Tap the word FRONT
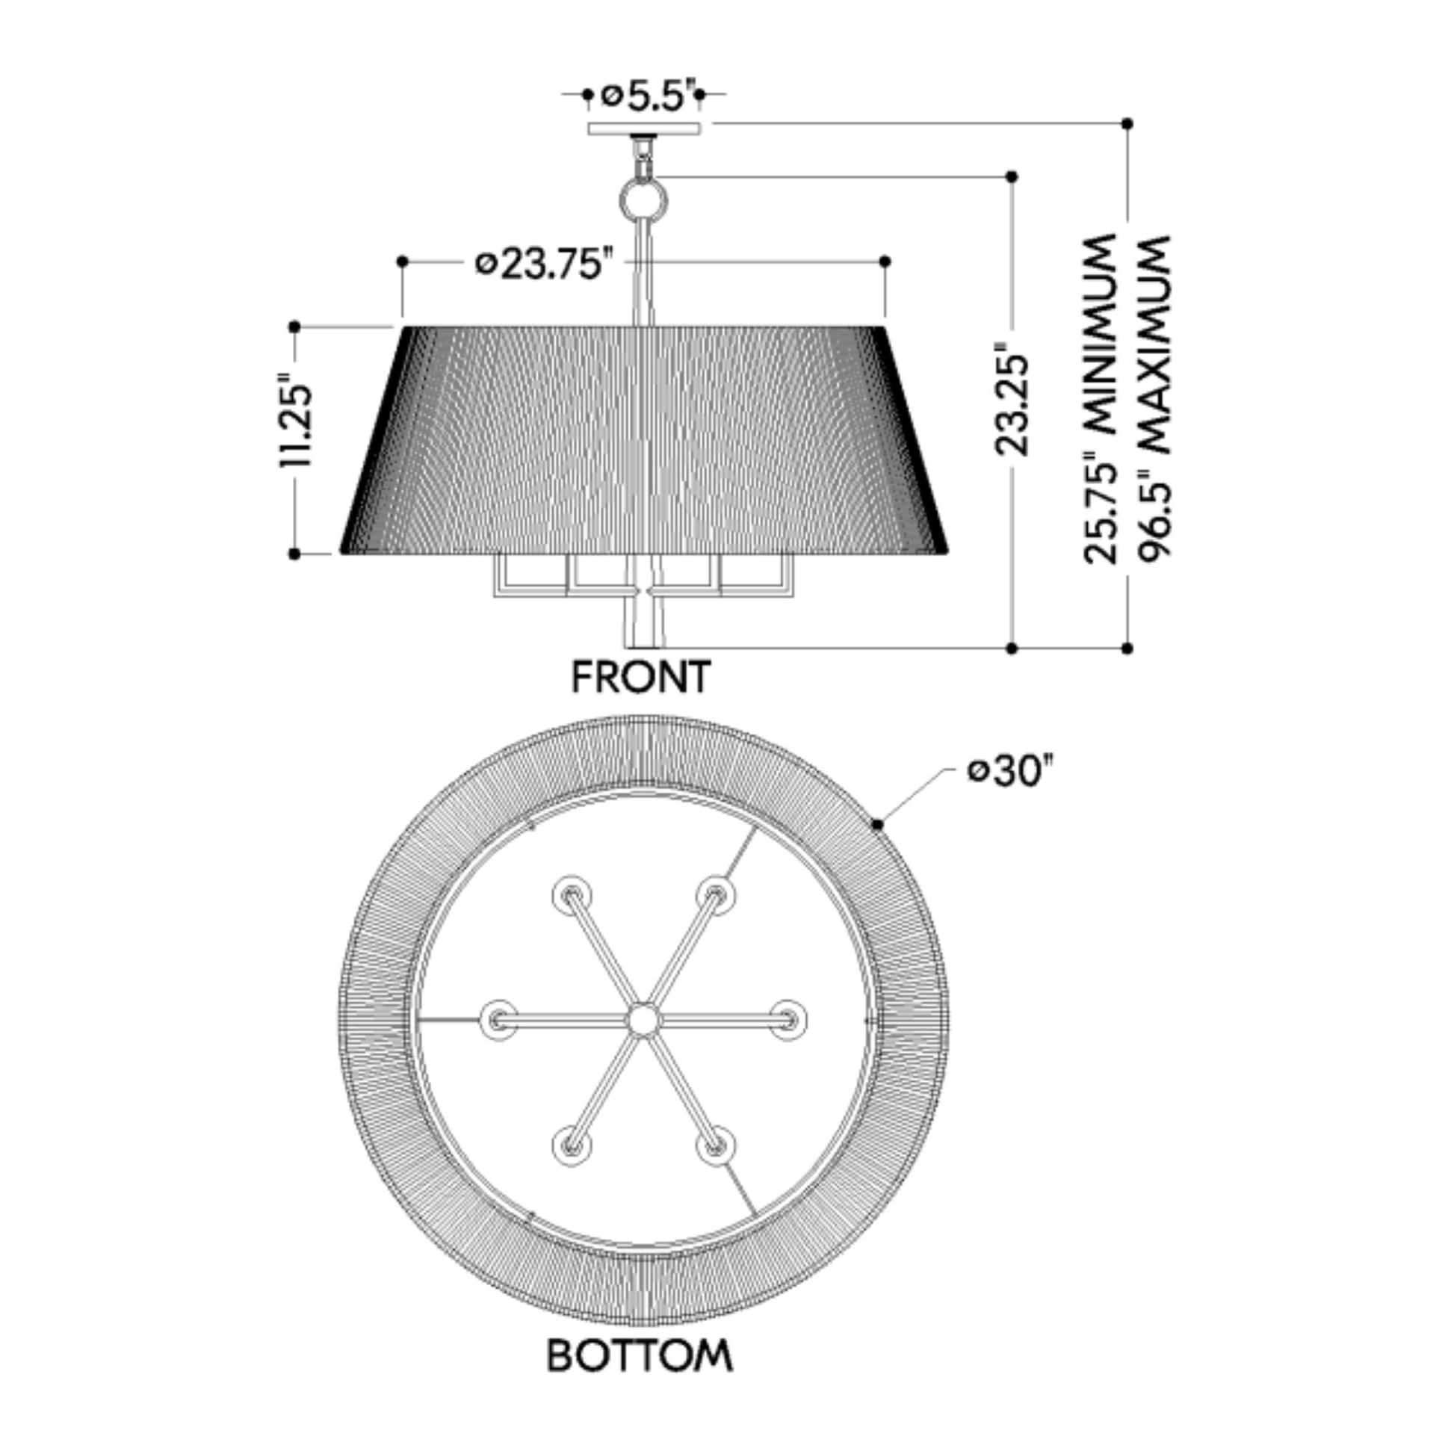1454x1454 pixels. (x=641, y=676)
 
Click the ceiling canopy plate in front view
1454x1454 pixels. (x=644, y=129)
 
